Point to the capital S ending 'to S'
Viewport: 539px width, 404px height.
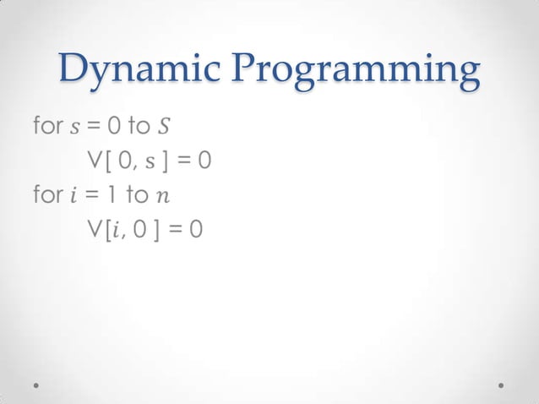click(x=163, y=128)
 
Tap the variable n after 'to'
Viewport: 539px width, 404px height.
click(x=162, y=197)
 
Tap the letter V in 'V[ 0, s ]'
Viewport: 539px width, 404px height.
click(x=93, y=161)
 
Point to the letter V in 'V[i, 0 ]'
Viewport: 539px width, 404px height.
click(x=93, y=229)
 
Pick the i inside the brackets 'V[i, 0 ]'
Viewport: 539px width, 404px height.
click(x=115, y=229)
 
